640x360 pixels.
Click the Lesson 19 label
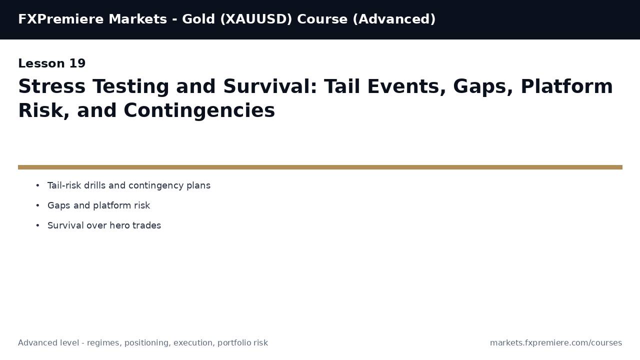[51, 64]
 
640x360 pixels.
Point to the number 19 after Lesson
[77, 64]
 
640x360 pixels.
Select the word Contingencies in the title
[199, 111]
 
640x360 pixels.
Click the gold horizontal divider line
[320, 167]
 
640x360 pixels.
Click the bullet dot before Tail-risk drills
[37, 186]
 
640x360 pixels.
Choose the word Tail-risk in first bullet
[64, 186]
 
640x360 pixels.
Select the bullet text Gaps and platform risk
[98, 206]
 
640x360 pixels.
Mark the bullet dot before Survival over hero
[37, 226]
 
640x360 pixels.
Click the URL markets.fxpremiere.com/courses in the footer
[555, 343]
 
